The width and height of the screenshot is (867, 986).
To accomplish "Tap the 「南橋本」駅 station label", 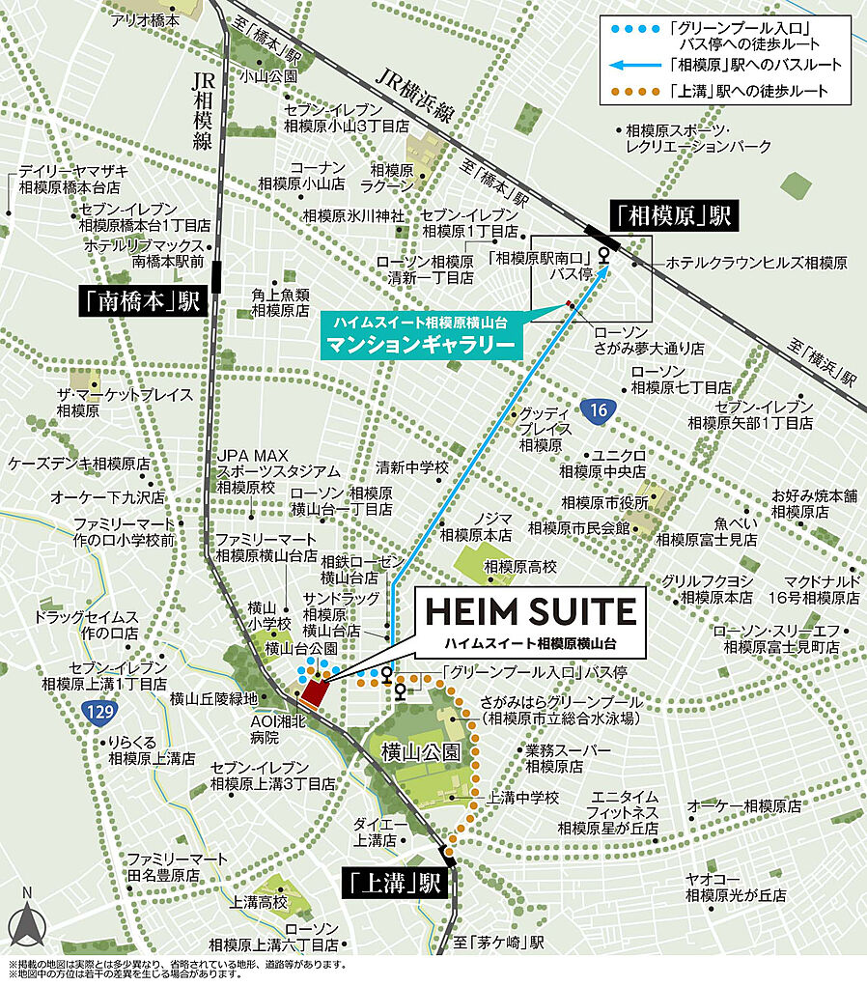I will (x=140, y=302).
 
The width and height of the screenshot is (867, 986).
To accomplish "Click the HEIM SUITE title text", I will (x=530, y=611).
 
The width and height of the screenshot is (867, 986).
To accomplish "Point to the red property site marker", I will (x=315, y=691).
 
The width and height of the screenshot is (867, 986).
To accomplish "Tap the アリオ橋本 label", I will (x=145, y=19).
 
